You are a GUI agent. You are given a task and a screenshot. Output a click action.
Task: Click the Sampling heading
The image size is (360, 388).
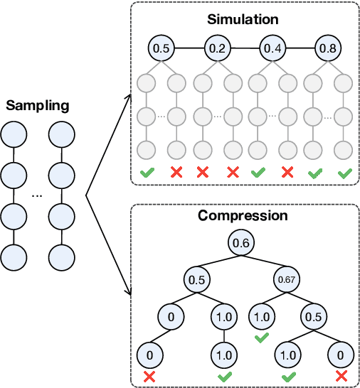(38, 106)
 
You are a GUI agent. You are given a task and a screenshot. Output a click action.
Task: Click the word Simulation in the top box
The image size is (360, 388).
(244, 17)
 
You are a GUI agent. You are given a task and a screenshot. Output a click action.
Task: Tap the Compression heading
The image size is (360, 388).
(243, 215)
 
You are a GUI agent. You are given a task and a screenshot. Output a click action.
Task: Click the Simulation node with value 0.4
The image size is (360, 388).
(272, 49)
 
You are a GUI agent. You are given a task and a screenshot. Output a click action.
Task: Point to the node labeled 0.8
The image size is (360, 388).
(328, 49)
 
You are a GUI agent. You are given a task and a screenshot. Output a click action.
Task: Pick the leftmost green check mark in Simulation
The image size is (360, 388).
(147, 173)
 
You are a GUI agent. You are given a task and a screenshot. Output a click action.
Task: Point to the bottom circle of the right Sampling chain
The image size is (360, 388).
(60, 254)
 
